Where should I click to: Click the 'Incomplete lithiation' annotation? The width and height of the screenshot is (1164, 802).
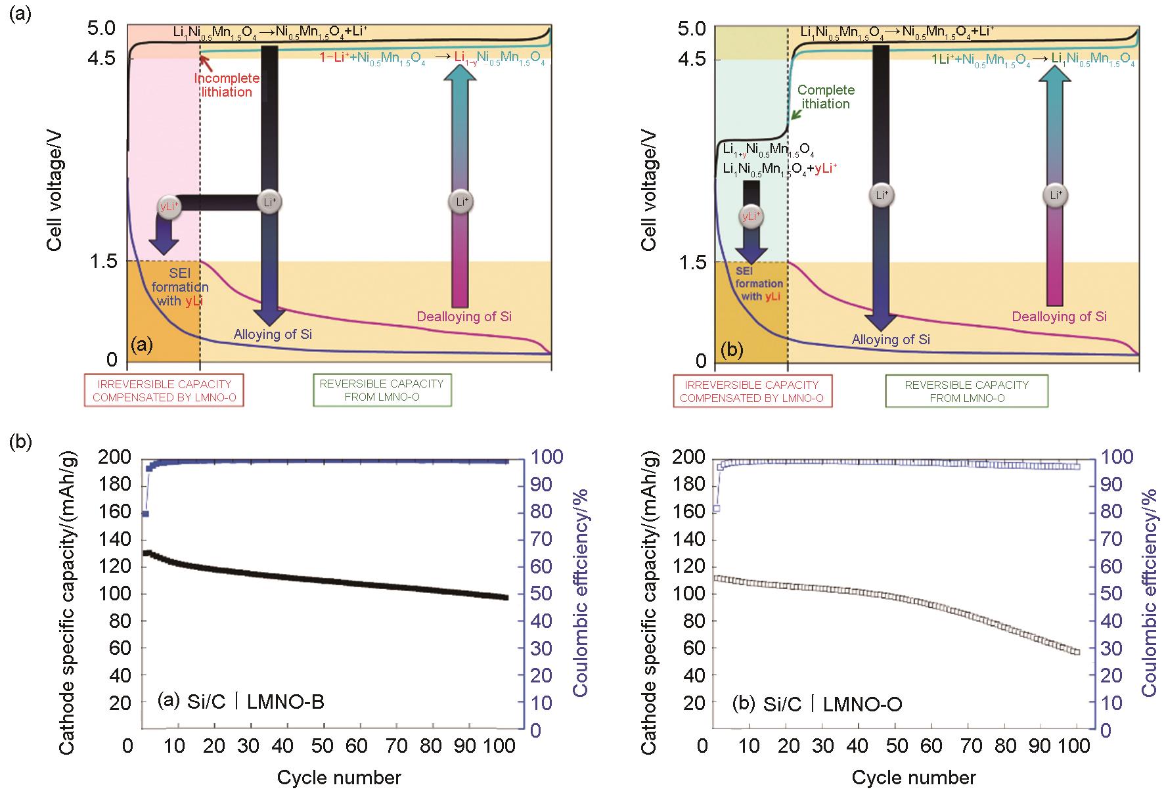[227, 85]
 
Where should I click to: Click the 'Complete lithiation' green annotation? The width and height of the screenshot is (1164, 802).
[826, 97]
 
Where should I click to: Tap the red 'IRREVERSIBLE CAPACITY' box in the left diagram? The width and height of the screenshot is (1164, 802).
[164, 390]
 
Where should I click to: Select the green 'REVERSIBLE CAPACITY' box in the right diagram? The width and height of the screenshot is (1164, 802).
[966, 391]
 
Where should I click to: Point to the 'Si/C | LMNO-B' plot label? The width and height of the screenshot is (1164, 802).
[242, 702]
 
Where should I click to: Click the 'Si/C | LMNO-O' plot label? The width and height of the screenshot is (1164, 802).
[818, 704]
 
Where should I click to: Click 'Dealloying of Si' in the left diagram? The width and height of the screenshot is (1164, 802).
[464, 317]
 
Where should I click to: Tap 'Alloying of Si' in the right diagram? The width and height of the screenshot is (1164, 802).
[891, 340]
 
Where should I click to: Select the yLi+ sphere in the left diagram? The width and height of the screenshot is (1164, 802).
[169, 206]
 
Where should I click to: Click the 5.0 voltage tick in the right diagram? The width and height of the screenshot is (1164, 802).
[691, 29]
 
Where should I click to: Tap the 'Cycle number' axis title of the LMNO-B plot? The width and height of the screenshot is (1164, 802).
[338, 778]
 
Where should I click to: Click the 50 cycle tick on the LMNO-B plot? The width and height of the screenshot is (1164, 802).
[323, 746]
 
